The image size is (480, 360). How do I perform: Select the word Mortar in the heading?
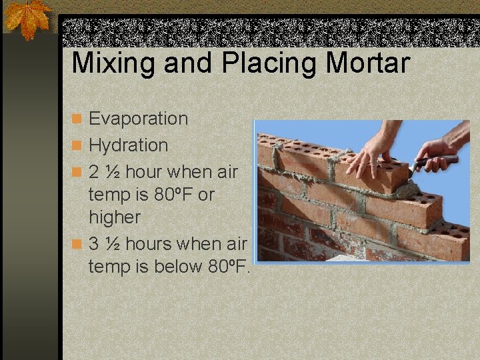[368, 63]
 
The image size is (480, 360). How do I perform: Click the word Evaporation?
[139, 119]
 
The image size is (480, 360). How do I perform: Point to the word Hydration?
[129, 145]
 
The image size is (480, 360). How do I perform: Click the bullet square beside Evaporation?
[77, 119]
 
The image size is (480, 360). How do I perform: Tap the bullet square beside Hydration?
[77, 145]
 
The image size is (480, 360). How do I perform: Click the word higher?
[115, 217]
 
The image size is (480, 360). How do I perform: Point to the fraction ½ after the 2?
[113, 172]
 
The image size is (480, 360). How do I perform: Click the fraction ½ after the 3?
[113, 245]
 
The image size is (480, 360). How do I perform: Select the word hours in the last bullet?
[149, 245]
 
